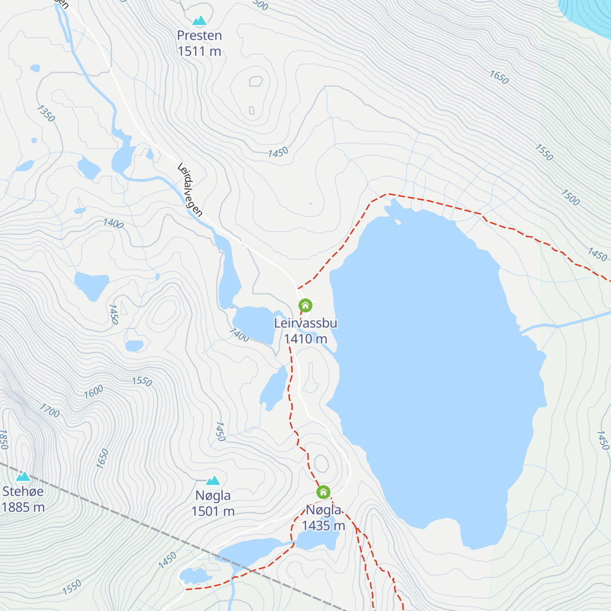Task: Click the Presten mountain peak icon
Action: (200, 21)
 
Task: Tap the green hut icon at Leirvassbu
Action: (305, 305)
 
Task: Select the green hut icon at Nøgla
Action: (323, 492)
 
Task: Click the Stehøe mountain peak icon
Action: (23, 477)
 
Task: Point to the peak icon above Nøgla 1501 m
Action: (213, 481)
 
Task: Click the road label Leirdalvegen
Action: (190, 190)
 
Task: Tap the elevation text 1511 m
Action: (200, 51)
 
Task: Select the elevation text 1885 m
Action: (23, 508)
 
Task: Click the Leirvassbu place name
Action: (305, 323)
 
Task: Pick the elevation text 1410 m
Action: (305, 339)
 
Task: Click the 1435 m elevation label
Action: (323, 525)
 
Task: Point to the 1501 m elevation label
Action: (213, 511)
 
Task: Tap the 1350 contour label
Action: (46, 114)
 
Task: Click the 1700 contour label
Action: (50, 410)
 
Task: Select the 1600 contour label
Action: (94, 391)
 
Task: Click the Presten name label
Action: (200, 36)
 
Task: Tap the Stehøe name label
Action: (23, 492)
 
